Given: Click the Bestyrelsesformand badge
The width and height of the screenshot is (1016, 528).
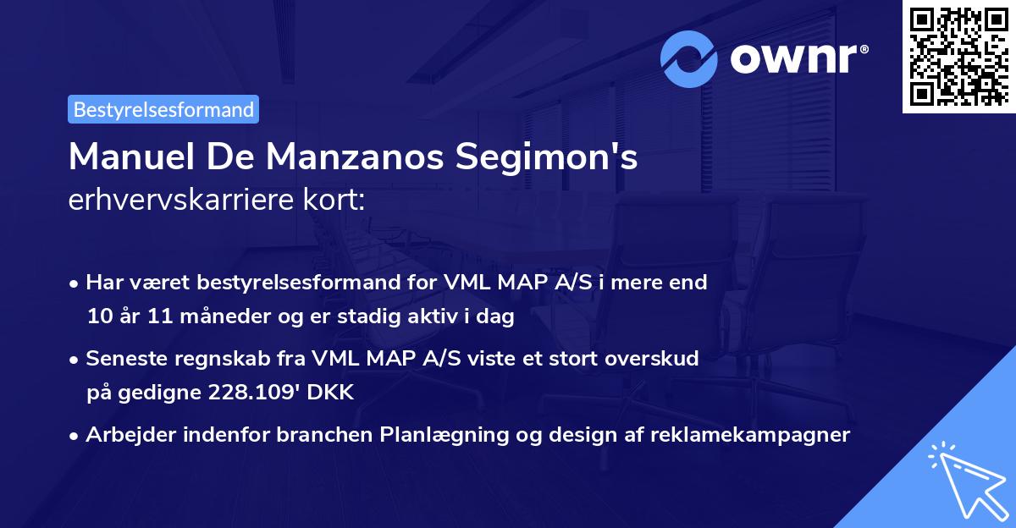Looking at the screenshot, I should point(163,109).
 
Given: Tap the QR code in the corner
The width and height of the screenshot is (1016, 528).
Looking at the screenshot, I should point(958,56).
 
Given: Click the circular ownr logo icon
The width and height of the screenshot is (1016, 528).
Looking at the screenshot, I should point(689,58).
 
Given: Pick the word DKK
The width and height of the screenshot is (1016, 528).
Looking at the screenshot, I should point(336,393).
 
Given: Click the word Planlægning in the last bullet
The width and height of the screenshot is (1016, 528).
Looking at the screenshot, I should point(440,435).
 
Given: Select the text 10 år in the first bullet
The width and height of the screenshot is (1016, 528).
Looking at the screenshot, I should point(110,316).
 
